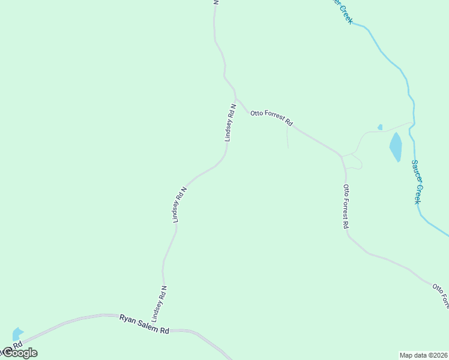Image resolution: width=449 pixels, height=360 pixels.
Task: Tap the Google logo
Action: click(19, 353)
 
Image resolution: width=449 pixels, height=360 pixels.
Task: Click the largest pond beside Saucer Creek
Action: click(396, 147)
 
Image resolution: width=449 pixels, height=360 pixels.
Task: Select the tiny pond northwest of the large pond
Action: click(380, 127)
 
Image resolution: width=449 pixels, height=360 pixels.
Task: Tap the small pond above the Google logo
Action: click(17, 334)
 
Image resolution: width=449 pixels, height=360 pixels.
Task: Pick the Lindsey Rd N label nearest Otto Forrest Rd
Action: click(231, 122)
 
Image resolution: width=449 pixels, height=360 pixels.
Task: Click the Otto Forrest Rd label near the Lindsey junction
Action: click(271, 117)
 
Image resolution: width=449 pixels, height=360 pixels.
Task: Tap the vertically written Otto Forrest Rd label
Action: click(346, 206)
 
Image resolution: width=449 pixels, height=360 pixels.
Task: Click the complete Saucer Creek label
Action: click(418, 181)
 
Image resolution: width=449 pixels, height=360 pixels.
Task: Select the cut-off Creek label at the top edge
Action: click(344, 12)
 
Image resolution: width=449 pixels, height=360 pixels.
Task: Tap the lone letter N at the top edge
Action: click(216, 2)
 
